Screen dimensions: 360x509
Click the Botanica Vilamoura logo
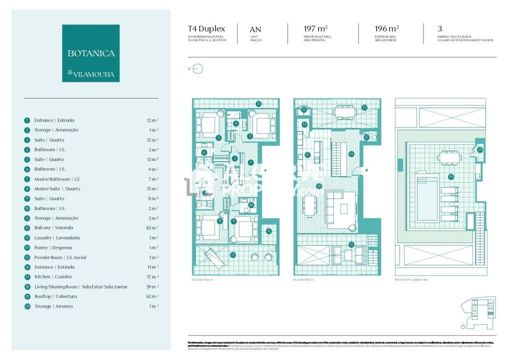click(x=90, y=53)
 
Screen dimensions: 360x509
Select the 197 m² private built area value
click(x=315, y=29)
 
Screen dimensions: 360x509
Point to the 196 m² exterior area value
click(x=386, y=29)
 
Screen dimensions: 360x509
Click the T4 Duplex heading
click(x=206, y=29)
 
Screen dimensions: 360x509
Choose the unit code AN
click(x=255, y=29)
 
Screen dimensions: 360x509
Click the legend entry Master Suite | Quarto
click(x=57, y=188)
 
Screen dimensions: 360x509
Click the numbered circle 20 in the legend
click(x=27, y=306)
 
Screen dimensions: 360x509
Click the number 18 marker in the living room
click(x=319, y=186)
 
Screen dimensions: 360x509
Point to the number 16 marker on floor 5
click(x=351, y=154)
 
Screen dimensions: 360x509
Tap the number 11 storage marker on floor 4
click(x=268, y=231)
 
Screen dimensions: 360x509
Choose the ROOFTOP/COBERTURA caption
click(x=411, y=280)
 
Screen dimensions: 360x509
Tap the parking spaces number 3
click(x=439, y=29)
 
